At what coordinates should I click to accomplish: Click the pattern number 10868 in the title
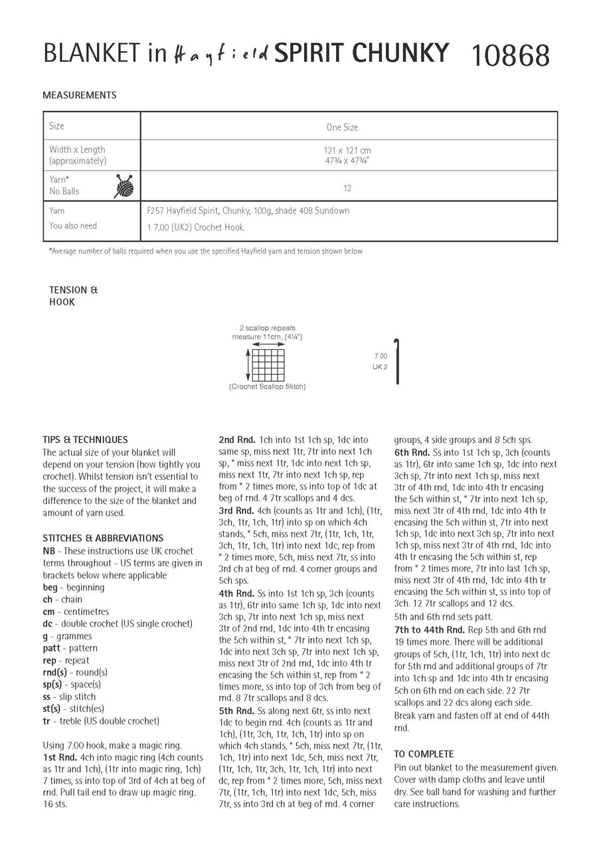pyautogui.click(x=510, y=55)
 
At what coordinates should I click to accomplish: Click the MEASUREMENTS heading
pyautogui.click(x=79, y=95)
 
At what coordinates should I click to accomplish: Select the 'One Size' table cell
pyautogui.click(x=342, y=127)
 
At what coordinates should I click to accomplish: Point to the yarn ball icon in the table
pyautogui.click(x=124, y=186)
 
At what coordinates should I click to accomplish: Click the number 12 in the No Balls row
pyautogui.click(x=347, y=189)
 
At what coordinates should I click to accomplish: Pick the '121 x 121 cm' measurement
pyautogui.click(x=343, y=151)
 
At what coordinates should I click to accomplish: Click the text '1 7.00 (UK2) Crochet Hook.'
pyautogui.click(x=196, y=227)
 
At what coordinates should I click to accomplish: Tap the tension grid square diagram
pyautogui.click(x=267, y=365)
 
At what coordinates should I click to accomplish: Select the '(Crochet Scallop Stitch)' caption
pyautogui.click(x=267, y=386)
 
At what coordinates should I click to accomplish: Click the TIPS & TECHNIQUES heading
pyautogui.click(x=85, y=440)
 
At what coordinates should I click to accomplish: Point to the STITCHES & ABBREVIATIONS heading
pyautogui.click(x=102, y=538)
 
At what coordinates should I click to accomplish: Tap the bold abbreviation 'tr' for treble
pyautogui.click(x=46, y=721)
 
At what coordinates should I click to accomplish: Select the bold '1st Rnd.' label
pyautogui.click(x=60, y=757)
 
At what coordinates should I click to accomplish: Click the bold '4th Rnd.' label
pyautogui.click(x=236, y=593)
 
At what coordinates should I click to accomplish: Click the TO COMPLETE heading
pyautogui.click(x=424, y=754)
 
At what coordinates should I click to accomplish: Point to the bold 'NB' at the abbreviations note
pyautogui.click(x=49, y=551)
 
